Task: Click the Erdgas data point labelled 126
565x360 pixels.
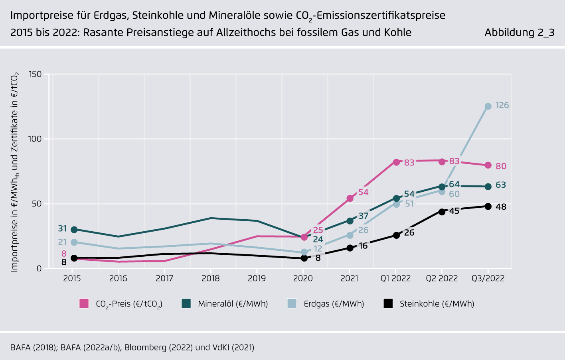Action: click(488, 106)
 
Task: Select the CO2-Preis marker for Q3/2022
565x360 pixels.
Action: click(488, 165)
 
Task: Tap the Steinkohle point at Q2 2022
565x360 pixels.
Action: click(442, 212)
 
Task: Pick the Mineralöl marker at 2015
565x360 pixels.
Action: click(74, 230)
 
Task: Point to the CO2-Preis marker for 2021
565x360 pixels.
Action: click(350, 199)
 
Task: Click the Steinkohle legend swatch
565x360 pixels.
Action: click(388, 303)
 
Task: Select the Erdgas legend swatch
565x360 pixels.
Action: click(292, 303)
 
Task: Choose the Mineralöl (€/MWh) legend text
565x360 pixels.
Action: click(233, 304)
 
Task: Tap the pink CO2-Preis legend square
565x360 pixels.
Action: click(84, 303)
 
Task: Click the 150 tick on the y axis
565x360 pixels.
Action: click(35, 74)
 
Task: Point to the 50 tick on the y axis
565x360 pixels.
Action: click(37, 204)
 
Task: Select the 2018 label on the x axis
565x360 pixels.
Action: click(211, 278)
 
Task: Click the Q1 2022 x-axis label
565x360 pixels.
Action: click(395, 278)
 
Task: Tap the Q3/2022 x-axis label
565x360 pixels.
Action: click(488, 278)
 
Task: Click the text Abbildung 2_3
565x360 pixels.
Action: click(519, 32)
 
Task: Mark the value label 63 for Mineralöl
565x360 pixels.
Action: click(501, 185)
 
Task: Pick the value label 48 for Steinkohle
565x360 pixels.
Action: click(501, 207)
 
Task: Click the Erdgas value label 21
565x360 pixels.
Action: click(62, 242)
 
